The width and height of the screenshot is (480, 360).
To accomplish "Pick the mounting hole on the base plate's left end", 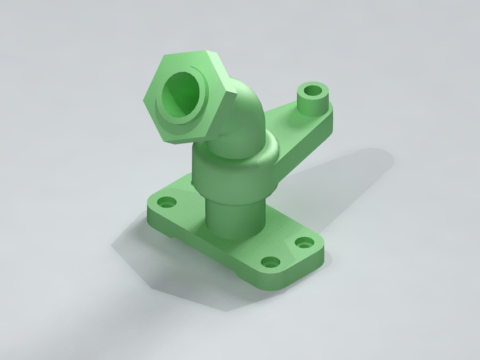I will coord(166,201).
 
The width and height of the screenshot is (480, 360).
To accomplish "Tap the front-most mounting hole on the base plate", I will coord(271,262).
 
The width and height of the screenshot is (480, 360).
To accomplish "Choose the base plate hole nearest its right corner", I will coord(304,243).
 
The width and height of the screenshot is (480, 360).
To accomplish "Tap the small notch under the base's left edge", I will coord(169,235).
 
